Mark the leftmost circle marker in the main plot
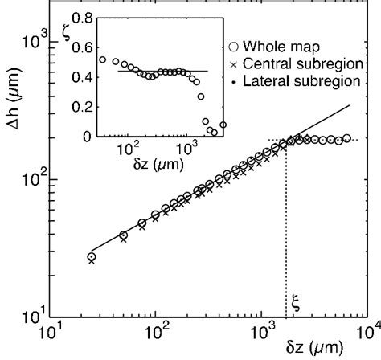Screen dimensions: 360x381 pos(92,257)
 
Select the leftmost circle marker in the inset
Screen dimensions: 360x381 pos(103,59)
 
